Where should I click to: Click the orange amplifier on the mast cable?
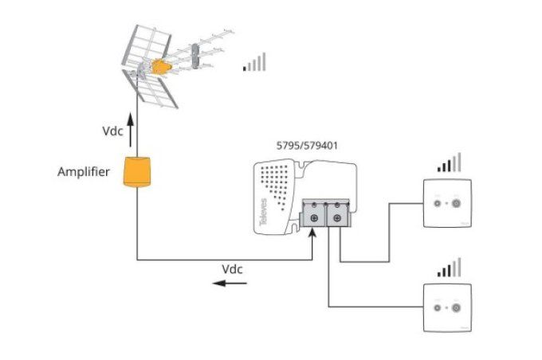coord(137,172)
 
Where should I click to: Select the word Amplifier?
coord(84,172)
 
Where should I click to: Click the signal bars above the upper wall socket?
coord(449,163)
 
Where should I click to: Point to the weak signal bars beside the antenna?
coord(255,63)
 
